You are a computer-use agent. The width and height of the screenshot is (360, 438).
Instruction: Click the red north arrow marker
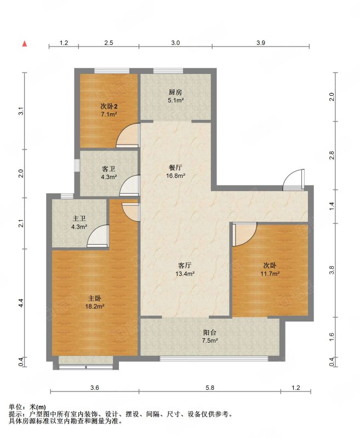pos(25,44)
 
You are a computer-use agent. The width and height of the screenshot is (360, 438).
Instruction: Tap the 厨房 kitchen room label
pos(175,92)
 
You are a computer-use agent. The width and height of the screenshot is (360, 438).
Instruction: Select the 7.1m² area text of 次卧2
pos(108,114)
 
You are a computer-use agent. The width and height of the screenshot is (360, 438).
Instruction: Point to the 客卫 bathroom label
pos(108,169)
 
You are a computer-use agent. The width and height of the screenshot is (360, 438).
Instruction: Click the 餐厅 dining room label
pos(175,168)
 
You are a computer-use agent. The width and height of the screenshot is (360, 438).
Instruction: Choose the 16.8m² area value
pos(176,176)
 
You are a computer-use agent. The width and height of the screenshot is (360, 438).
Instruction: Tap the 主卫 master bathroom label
pos(79,218)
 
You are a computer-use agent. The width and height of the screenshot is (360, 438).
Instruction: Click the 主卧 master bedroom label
pos(95,298)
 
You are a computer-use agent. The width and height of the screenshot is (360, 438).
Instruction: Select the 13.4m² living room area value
pos(185,273)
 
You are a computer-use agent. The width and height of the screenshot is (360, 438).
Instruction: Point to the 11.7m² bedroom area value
pos(270,273)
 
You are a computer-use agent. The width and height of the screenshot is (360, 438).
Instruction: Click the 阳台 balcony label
pos(210,332)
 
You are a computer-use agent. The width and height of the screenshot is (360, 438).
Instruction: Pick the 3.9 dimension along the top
pos(260,43)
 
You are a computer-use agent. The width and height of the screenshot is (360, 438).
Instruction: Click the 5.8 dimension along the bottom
pos(210,388)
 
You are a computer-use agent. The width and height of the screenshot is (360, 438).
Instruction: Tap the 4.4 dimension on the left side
pos(21,303)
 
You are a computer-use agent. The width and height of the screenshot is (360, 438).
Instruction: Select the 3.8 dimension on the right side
pos(332,270)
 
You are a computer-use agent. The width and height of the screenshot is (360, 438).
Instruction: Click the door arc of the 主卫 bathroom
pos(98,236)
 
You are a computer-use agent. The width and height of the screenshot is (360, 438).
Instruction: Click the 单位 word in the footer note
pos(15,407)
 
